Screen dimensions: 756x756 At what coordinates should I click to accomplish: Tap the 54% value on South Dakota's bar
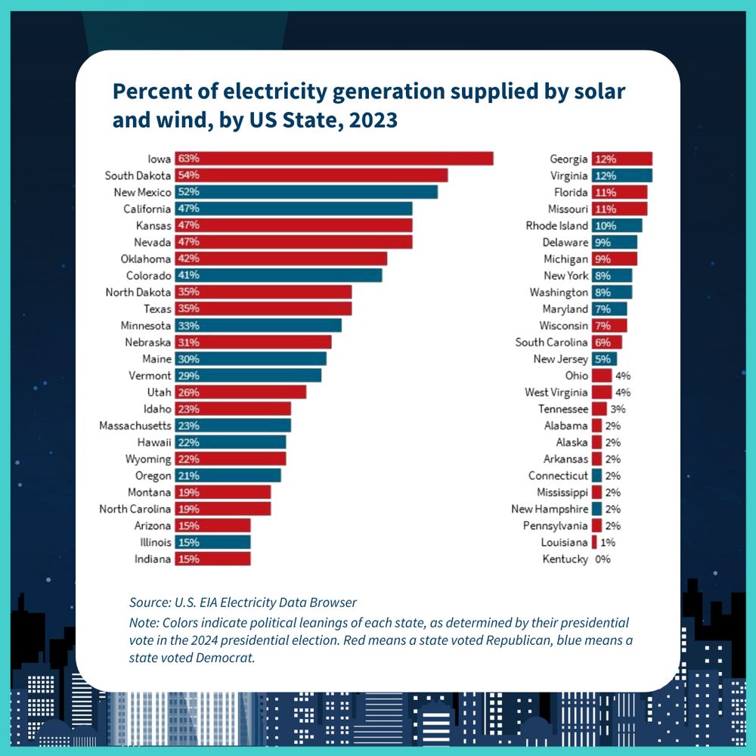coord(188,175)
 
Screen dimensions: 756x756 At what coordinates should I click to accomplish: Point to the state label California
coord(147,209)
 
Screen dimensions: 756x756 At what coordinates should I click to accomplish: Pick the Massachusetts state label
coord(135,426)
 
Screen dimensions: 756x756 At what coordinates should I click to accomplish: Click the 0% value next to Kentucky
coord(603,559)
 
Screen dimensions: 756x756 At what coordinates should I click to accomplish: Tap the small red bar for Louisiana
coord(594,543)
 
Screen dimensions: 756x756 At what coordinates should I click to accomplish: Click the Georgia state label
coord(569,159)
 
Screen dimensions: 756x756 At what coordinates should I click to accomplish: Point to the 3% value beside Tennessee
coord(618,409)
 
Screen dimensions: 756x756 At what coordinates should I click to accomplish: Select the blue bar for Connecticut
coord(596,476)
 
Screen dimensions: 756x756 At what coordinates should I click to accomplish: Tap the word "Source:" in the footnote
coord(150,603)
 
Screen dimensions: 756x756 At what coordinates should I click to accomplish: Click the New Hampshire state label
coord(550,509)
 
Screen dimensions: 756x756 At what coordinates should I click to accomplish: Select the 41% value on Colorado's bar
coord(188,275)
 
